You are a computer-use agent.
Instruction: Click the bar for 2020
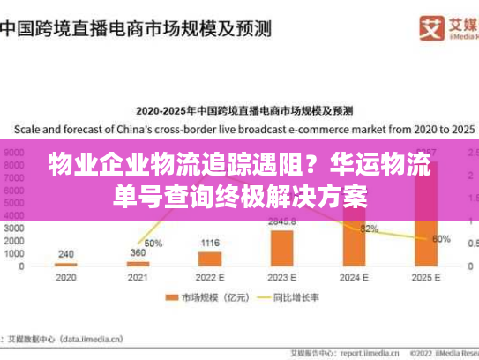point(65,264)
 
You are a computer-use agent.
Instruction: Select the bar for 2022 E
point(209,259)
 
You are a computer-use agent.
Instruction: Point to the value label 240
point(65,254)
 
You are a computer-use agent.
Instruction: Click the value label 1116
point(209,243)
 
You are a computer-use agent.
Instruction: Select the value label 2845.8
point(282,221)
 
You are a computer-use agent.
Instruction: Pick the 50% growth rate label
point(153,243)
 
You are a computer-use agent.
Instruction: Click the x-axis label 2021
point(138,277)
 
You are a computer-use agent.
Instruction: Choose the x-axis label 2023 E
point(281,277)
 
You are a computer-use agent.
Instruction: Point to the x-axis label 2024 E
point(353,277)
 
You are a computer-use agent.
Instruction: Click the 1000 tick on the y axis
point(15,253)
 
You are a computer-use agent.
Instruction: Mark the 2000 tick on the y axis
point(15,240)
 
